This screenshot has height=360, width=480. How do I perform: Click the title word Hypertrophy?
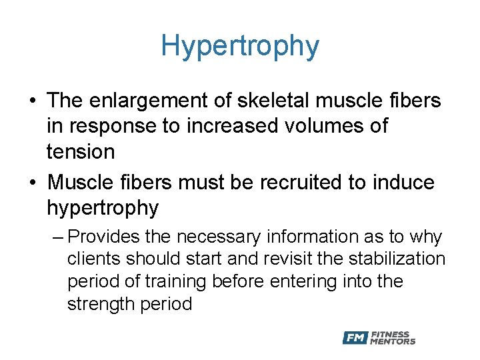coord(240,46)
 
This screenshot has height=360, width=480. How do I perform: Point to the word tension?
coord(81,151)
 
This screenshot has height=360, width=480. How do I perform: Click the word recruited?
coord(293,181)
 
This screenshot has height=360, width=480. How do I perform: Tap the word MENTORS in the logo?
coord(393,342)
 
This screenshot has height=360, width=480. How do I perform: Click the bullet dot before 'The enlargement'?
coord(33,101)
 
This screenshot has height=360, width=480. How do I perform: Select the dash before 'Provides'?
coord(58,237)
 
